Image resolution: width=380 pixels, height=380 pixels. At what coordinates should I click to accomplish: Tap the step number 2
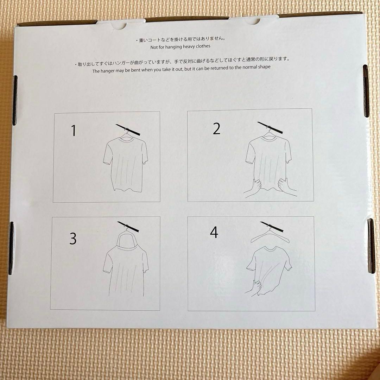(216, 129)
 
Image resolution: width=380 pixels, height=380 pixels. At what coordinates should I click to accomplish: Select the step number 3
(73, 239)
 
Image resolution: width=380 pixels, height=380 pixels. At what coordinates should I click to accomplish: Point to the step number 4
(214, 232)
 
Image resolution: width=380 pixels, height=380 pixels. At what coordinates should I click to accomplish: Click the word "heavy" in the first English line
(189, 46)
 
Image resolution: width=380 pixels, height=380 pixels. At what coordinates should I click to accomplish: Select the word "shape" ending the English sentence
(264, 66)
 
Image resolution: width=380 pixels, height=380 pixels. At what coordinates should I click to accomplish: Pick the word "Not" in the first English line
(154, 47)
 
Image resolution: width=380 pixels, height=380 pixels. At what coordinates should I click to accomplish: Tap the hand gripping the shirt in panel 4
(254, 288)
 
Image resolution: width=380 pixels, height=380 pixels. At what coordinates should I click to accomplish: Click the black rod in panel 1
(128, 129)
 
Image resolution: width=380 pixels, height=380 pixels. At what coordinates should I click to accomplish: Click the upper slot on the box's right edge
(366, 91)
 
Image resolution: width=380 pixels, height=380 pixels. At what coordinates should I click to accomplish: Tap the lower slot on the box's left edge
(11, 248)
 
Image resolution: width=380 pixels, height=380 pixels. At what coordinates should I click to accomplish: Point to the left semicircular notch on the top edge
(119, 26)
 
